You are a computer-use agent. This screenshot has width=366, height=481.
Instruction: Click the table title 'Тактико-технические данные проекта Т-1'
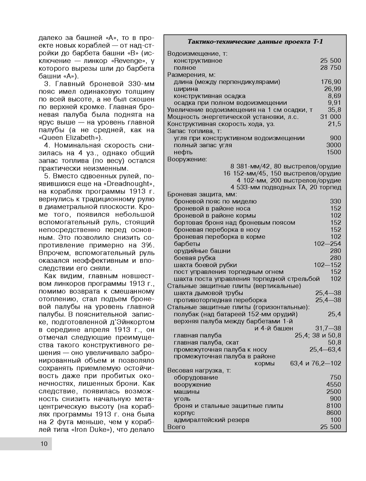255,41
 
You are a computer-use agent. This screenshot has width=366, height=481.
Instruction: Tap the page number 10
44,444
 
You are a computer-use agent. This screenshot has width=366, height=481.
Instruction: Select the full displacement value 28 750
330,68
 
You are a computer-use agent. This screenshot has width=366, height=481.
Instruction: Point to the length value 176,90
331,82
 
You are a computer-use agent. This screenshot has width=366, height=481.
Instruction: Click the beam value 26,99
332,89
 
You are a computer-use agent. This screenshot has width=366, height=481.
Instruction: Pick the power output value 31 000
330,117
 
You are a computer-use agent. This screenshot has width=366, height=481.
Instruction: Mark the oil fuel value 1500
333,152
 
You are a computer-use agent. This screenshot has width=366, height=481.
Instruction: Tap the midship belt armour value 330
335,201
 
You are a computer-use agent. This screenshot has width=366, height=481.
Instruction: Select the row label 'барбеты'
187,244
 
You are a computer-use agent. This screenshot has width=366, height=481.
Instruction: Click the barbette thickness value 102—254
327,244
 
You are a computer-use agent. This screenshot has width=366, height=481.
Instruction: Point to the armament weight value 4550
333,385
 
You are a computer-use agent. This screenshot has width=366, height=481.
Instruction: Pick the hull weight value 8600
333,413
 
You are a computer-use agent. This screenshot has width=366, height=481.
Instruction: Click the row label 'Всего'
176,427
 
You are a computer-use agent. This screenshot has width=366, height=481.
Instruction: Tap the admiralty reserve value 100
335,420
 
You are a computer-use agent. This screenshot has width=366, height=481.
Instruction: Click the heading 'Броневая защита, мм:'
202,194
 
